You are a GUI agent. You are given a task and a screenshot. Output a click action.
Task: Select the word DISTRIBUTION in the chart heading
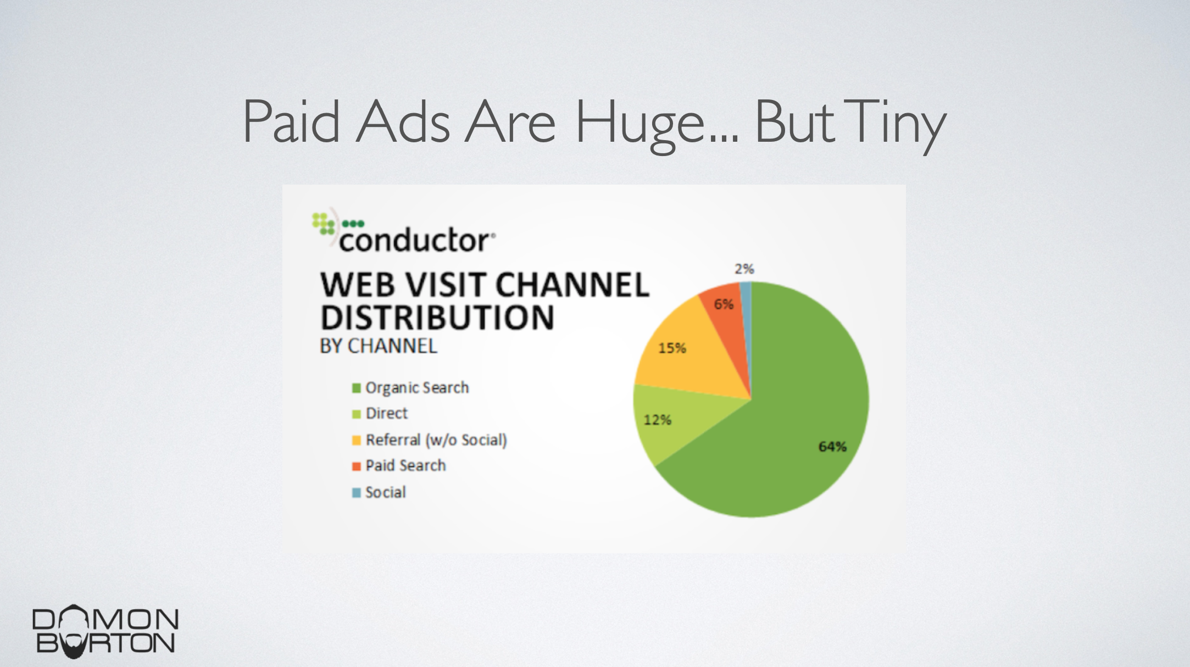click(437, 318)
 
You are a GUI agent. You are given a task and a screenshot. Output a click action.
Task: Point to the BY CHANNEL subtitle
click(379, 346)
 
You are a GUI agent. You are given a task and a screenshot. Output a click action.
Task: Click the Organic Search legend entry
click(410, 388)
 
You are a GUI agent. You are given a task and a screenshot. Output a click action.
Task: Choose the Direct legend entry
click(380, 413)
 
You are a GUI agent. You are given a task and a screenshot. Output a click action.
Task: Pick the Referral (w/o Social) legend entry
click(430, 440)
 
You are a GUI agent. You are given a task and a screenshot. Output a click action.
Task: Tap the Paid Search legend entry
click(399, 465)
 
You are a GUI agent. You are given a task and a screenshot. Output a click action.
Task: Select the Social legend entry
click(379, 492)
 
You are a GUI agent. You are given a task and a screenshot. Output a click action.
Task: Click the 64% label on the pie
click(832, 447)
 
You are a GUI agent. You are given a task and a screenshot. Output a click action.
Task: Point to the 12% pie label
click(658, 420)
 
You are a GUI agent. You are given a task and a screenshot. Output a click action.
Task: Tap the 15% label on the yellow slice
click(672, 348)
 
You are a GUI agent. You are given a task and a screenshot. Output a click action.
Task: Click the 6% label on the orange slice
click(724, 304)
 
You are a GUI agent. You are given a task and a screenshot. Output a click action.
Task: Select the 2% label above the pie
click(744, 269)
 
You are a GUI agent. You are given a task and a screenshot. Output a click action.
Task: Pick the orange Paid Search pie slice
click(728, 324)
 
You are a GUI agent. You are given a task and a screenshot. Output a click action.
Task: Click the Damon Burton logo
click(105, 631)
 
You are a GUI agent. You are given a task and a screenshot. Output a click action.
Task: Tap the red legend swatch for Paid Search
click(356, 466)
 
